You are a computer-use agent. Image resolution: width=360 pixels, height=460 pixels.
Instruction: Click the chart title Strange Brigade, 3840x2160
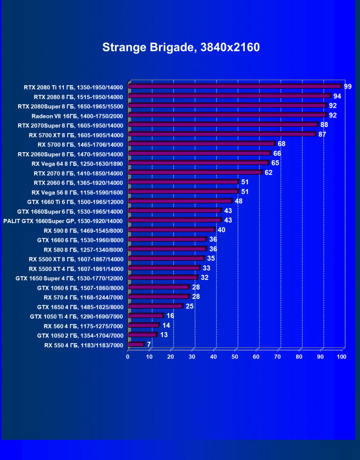pyautogui.click(x=181, y=47)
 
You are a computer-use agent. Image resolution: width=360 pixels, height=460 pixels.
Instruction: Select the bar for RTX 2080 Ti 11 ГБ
pyautogui.click(x=234, y=87)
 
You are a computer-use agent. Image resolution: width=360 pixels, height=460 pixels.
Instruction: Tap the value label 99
pyautogui.click(x=348, y=86)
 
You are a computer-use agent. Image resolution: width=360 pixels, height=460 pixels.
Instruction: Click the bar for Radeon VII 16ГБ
pyautogui.click(x=227, y=115)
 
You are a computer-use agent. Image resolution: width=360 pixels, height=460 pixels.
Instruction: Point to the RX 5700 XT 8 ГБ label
pyautogui.click(x=76, y=135)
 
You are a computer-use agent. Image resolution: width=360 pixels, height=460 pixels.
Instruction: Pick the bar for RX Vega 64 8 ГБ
pyautogui.click(x=198, y=163)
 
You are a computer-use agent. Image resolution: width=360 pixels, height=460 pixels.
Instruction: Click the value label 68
pyautogui.click(x=281, y=144)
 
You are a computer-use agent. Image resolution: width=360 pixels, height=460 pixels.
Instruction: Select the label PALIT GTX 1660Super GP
pyautogui.click(x=63, y=221)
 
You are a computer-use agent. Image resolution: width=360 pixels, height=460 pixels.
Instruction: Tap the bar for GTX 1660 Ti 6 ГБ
pyautogui.click(x=180, y=201)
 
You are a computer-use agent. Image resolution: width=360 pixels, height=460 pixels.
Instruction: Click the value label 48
pyautogui.click(x=239, y=201)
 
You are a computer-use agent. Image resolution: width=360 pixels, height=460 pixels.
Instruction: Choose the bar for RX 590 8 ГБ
pyautogui.click(x=171, y=230)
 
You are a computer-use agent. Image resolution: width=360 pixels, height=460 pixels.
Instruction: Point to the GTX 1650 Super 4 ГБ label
pyautogui.click(x=69, y=278)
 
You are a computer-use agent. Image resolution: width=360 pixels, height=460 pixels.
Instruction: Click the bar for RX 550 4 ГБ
pyautogui.click(x=136, y=344)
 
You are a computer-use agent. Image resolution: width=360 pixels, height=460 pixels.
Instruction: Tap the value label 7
pyautogui.click(x=149, y=344)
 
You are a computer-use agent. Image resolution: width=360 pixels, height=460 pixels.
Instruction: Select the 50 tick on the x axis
pyautogui.click(x=235, y=356)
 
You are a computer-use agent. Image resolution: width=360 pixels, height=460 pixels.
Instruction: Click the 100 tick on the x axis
pyautogui.click(x=342, y=356)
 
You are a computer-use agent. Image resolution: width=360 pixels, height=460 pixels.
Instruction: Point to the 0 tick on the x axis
pyautogui.click(x=128, y=356)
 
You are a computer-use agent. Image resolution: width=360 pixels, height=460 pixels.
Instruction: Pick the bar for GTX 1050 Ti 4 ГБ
pyautogui.click(x=145, y=316)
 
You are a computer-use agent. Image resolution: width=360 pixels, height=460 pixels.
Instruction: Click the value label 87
pyautogui.click(x=322, y=135)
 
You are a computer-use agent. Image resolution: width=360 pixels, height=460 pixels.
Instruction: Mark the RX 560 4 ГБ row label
pyautogui.click(x=83, y=326)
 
